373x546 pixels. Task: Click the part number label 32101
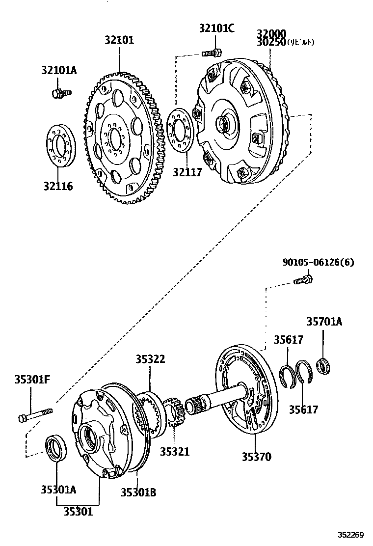point(119,40)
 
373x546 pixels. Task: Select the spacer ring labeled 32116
point(61,146)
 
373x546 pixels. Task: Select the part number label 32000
point(271,33)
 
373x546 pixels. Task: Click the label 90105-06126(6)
point(318,263)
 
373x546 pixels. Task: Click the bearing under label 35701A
point(323,365)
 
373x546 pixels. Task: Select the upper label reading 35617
point(288,339)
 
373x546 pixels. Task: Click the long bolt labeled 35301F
point(36,415)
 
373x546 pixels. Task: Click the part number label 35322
point(150,359)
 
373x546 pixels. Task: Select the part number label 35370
point(256,456)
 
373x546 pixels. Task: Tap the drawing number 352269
point(349,535)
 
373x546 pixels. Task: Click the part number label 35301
point(78,511)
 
